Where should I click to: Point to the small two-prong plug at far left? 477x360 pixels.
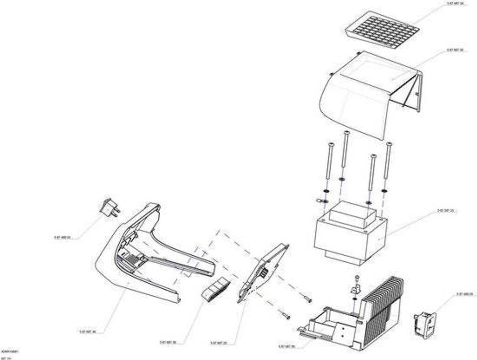[x=109, y=208]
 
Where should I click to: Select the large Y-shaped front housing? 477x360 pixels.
[x=140, y=251]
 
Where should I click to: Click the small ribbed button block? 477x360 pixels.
[x=215, y=288]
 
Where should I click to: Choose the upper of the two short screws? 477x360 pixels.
[x=307, y=298]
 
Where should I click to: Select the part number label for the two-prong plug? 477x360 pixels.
[x=62, y=237]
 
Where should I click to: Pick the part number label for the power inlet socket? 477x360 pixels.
[x=465, y=294]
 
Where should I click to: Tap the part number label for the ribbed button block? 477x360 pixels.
[x=168, y=342]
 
